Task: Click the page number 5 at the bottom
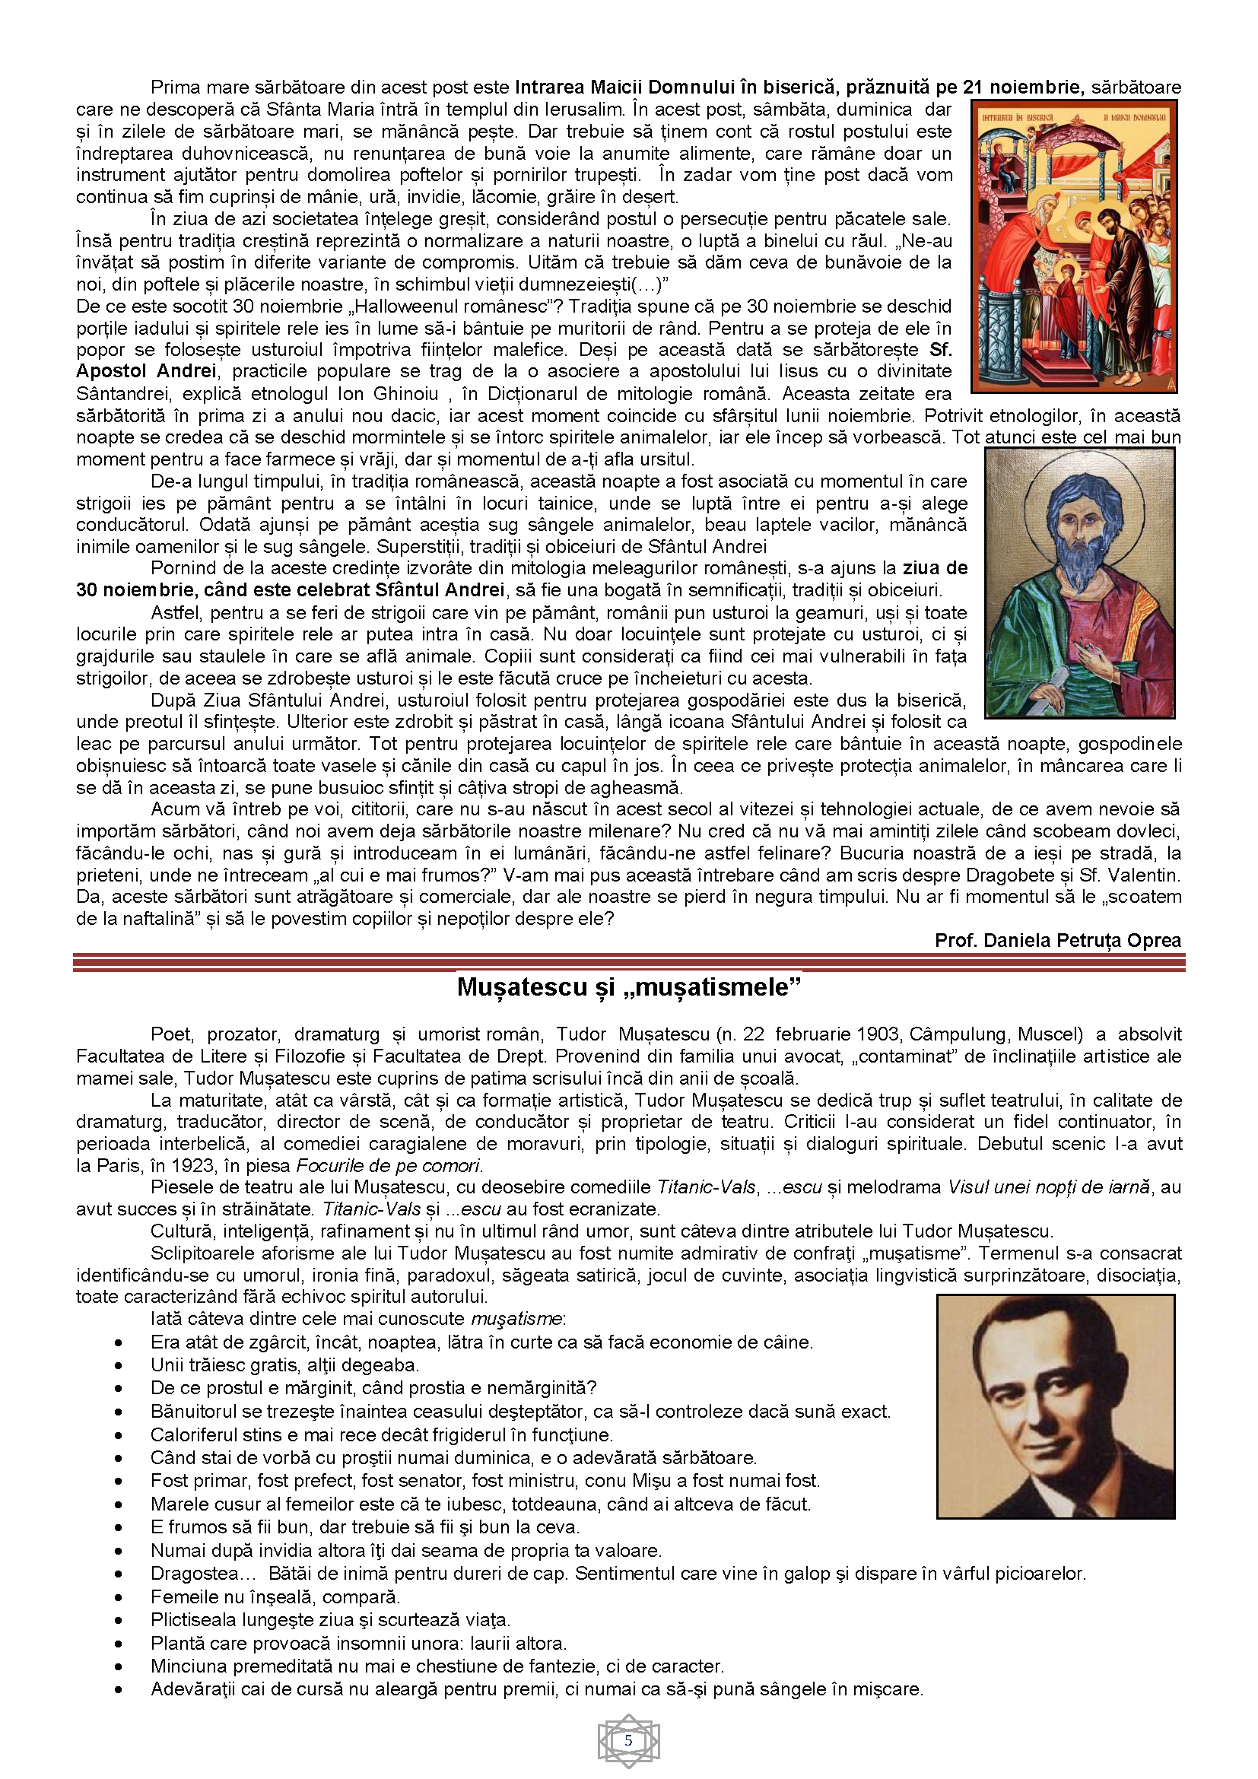tap(628, 1740)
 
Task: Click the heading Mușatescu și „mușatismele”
tap(628, 988)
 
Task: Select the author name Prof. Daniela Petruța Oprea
tap(1057, 941)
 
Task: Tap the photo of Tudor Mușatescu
tap(1055, 1406)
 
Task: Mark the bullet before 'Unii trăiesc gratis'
tap(119, 1366)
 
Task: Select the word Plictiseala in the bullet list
tap(194, 1620)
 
